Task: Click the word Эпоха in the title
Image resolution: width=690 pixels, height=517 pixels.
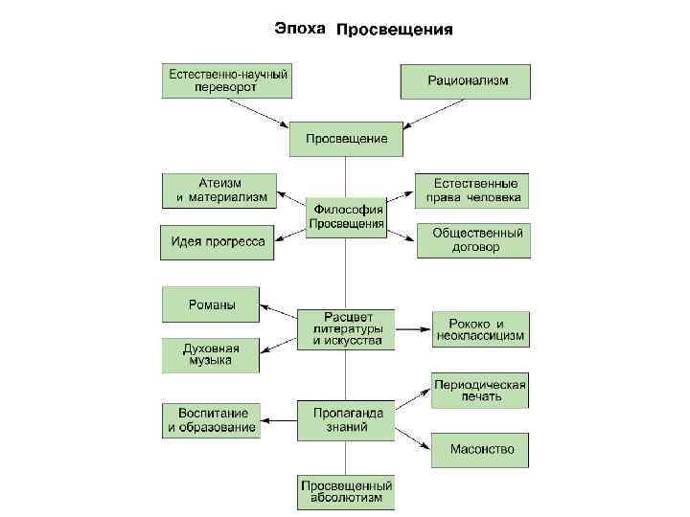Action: (x=301, y=28)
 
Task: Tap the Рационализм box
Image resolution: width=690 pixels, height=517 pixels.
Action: (x=465, y=80)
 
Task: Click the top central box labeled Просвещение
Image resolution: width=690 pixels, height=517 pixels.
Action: (x=346, y=139)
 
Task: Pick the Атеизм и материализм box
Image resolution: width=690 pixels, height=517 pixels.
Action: (x=219, y=190)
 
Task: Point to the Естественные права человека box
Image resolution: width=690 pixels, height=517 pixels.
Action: (x=472, y=191)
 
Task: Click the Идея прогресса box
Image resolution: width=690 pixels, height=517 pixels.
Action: (x=218, y=241)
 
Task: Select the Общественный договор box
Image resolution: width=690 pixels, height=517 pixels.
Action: (x=473, y=240)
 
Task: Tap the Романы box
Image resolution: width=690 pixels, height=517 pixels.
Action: (x=212, y=304)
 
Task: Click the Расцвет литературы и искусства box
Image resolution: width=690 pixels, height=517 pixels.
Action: (x=346, y=328)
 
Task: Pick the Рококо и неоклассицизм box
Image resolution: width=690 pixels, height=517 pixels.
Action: (x=480, y=329)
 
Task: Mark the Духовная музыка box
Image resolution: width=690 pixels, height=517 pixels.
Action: (x=212, y=355)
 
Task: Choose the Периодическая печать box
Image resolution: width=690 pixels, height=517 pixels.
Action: (x=480, y=390)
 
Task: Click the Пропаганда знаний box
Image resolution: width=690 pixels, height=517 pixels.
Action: (x=346, y=420)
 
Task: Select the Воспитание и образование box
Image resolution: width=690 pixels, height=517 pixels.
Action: (x=212, y=420)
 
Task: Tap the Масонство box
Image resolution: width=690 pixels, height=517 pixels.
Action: (x=480, y=449)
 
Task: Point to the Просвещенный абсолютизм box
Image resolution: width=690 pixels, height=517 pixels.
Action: (x=346, y=492)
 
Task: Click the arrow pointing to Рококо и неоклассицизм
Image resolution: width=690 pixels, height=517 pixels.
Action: (x=413, y=329)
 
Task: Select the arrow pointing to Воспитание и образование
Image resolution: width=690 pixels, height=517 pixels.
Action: (x=279, y=420)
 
